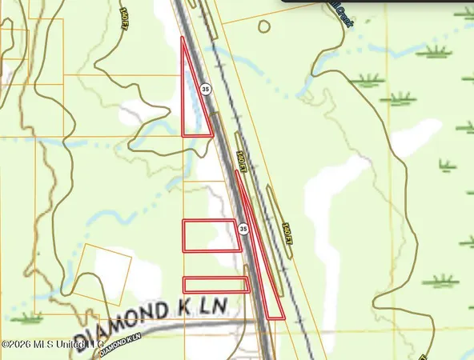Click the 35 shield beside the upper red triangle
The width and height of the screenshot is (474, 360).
point(206,90)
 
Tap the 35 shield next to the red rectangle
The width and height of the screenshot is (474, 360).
point(243,229)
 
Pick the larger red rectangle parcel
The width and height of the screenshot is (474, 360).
point(211,235)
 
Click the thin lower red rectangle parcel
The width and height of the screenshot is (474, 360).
point(215,285)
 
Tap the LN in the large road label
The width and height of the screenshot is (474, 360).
point(214,306)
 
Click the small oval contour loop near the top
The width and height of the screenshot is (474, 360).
point(263,26)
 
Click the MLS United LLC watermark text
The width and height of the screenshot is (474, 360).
point(67,345)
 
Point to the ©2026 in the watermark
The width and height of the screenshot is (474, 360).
point(17,345)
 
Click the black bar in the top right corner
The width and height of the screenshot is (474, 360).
point(376,2)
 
